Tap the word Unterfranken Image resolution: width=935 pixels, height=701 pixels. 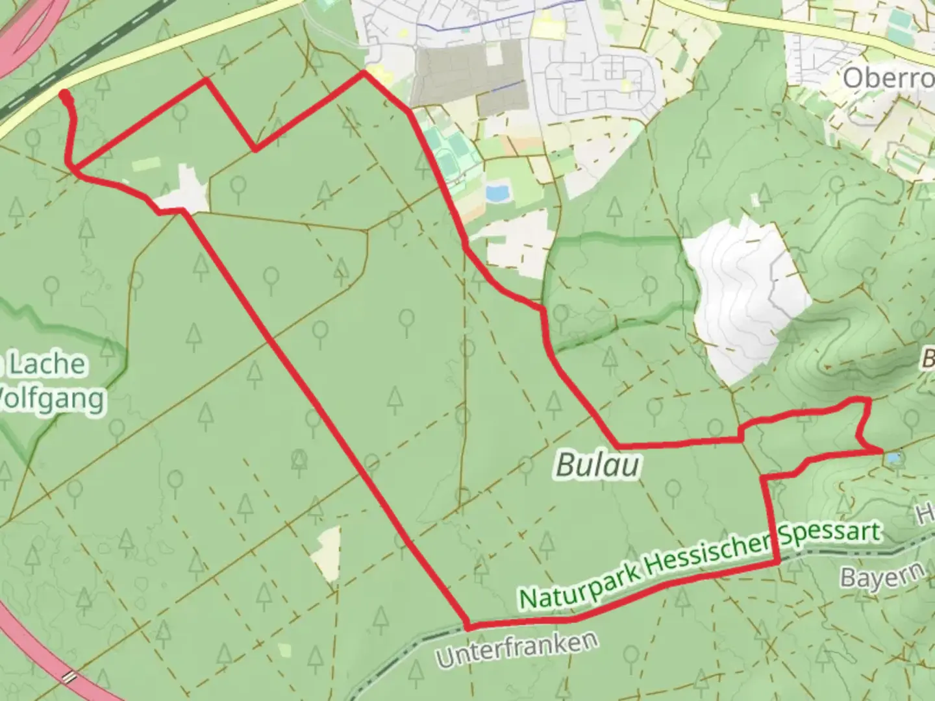pos(517,648)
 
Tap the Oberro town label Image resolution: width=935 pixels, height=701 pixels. pos(888,79)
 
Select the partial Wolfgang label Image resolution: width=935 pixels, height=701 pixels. pos(52,397)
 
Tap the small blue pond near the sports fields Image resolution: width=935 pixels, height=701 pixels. pos(497,193)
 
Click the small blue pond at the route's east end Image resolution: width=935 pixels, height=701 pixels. pos(894,458)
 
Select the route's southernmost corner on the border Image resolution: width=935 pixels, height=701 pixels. pos(467,627)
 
